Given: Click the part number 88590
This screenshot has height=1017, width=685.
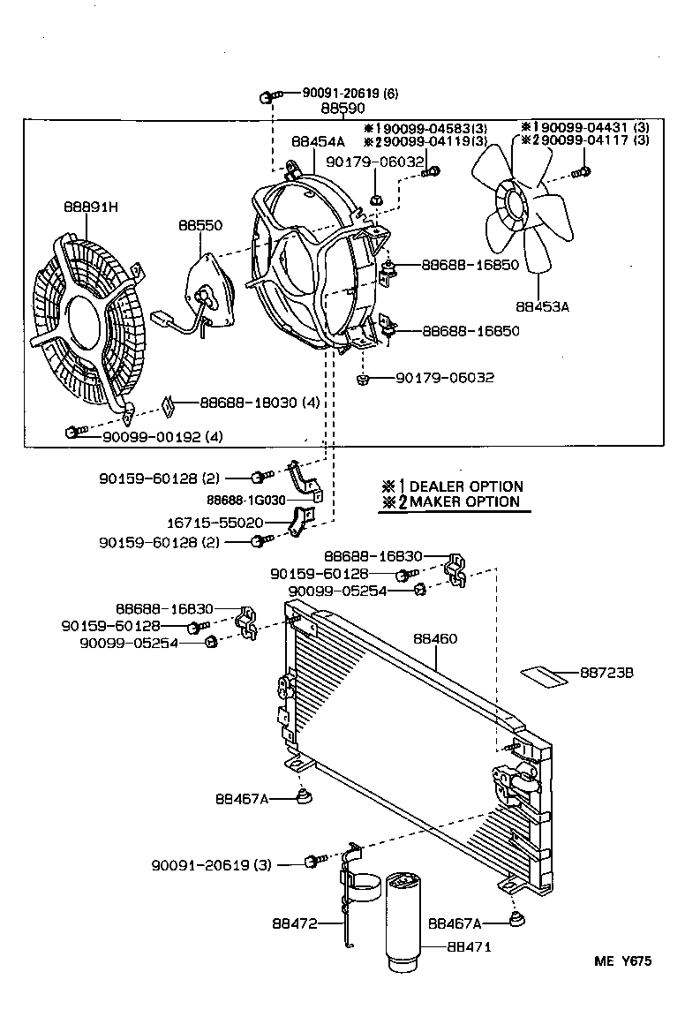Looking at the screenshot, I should tap(343, 109).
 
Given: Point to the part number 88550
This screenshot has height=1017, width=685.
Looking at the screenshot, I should tap(199, 226).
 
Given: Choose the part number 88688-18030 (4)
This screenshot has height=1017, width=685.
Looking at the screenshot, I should tap(247, 403).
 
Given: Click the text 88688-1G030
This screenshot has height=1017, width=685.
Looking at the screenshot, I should tap(251, 499).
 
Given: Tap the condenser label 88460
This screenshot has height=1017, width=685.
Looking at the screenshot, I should tap(434, 637).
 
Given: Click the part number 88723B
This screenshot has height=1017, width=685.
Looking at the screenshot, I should tap(607, 674).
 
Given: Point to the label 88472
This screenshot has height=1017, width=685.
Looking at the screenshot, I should tap(295, 924).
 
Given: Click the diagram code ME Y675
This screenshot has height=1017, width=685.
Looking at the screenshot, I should tap(621, 962).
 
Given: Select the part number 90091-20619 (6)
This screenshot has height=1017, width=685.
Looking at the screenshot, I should tap(338, 93).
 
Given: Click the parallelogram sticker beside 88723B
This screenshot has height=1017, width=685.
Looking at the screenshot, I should tap(543, 677).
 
